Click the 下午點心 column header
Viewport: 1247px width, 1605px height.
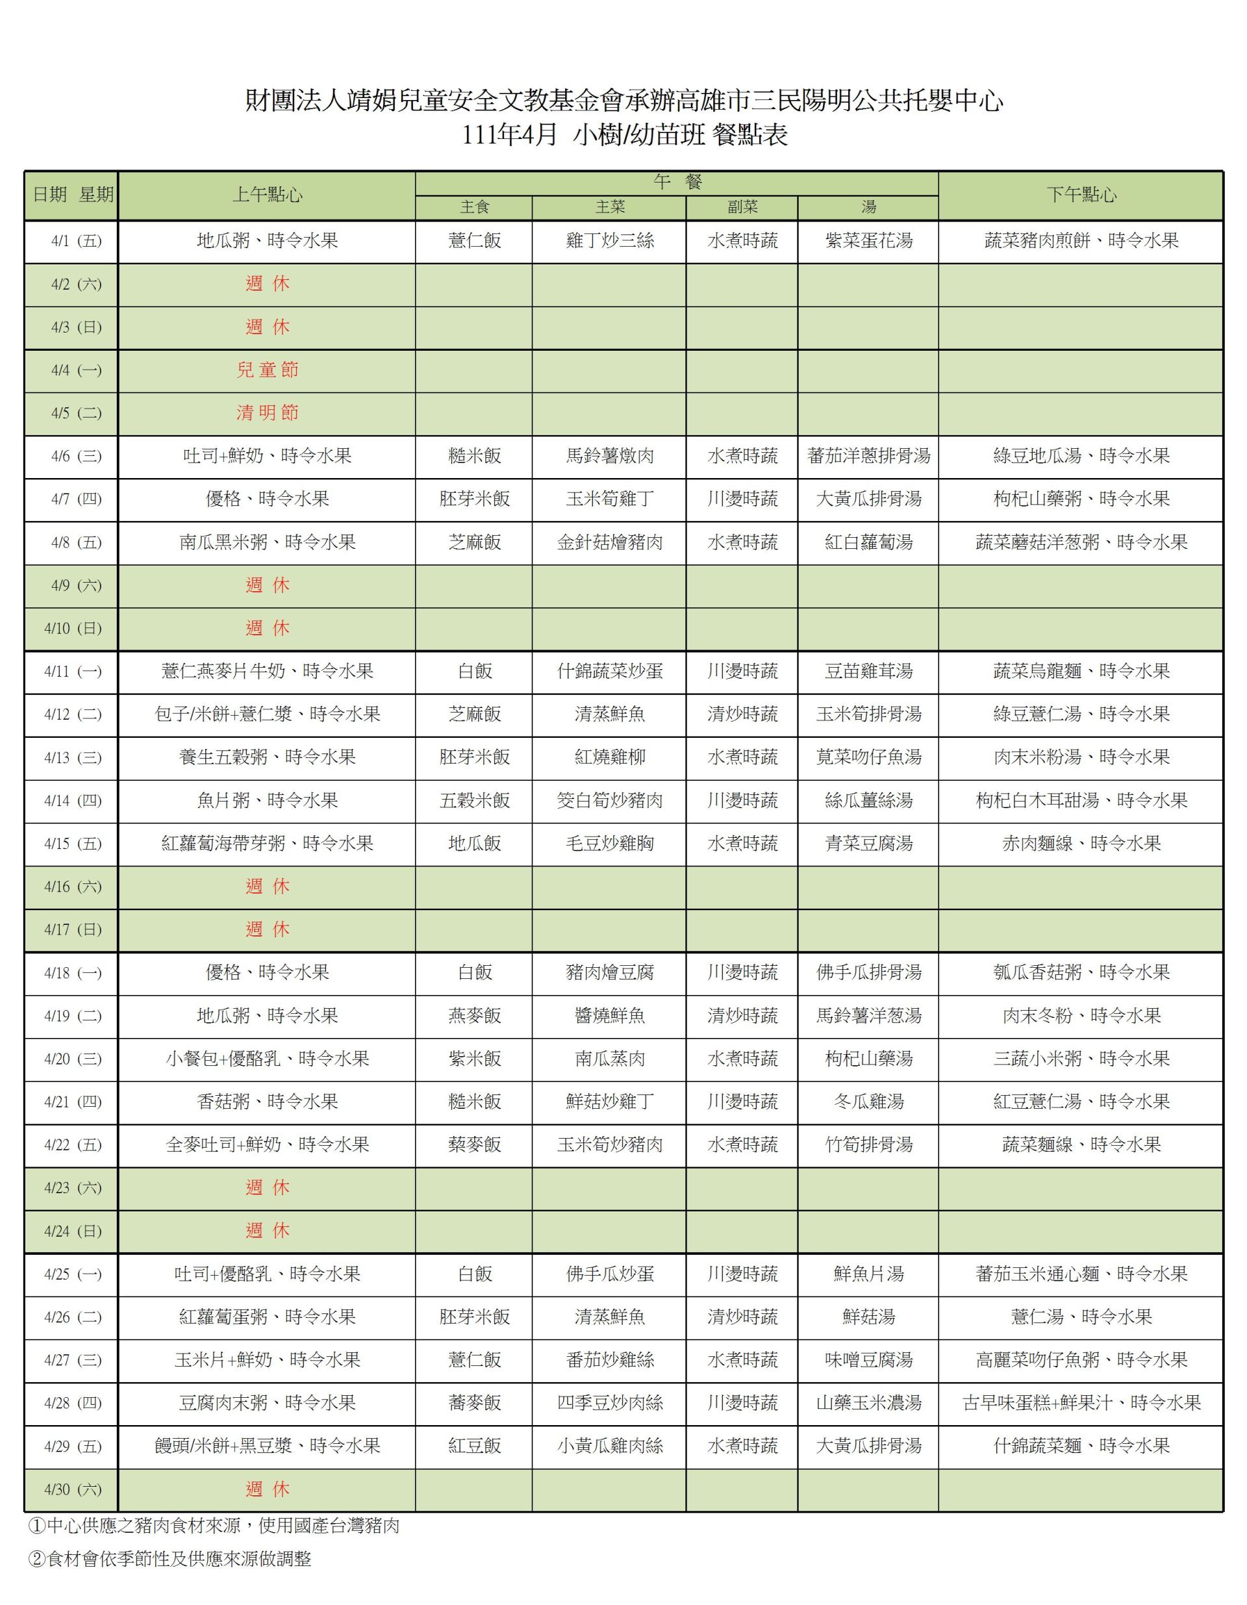pyautogui.click(x=1081, y=195)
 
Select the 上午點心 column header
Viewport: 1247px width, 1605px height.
pyautogui.click(x=267, y=195)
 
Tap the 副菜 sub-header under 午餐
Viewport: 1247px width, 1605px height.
pyautogui.click(x=742, y=207)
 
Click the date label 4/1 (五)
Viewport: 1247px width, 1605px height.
pyautogui.click(x=72, y=241)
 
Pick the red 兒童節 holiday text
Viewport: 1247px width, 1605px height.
pyautogui.click(x=267, y=370)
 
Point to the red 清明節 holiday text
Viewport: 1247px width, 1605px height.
pyautogui.click(x=267, y=413)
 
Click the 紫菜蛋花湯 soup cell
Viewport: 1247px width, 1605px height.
pyautogui.click(x=868, y=241)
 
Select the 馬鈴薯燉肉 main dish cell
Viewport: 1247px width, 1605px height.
pyautogui.click(x=609, y=455)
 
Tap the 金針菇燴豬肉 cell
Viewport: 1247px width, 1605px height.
pyautogui.click(x=609, y=542)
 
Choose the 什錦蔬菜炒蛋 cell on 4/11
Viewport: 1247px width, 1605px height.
pyautogui.click(x=609, y=671)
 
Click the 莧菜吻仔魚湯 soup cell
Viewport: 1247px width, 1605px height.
pyautogui.click(x=868, y=757)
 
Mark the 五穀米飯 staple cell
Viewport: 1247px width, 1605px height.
pyautogui.click(x=475, y=800)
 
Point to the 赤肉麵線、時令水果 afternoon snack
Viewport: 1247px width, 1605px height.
pyautogui.click(x=1081, y=844)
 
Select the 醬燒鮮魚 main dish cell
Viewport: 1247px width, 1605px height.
pyautogui.click(x=609, y=1016)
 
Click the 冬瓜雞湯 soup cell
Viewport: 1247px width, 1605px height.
pyautogui.click(x=868, y=1102)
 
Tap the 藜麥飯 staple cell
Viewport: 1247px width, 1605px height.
pyautogui.click(x=475, y=1144)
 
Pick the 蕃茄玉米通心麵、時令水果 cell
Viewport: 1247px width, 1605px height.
pyautogui.click(x=1081, y=1274)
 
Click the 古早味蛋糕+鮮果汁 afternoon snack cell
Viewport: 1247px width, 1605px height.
pyautogui.click(x=1081, y=1403)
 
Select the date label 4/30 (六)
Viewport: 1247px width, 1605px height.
pyautogui.click(x=72, y=1489)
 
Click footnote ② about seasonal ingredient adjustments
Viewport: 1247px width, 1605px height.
pyautogui.click(x=170, y=1559)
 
